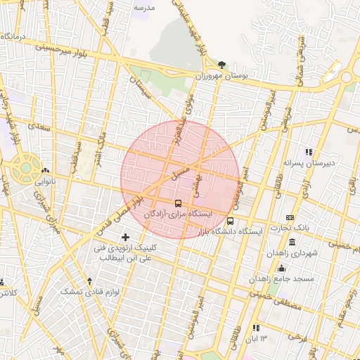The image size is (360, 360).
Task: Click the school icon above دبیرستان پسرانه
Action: tap(308, 152)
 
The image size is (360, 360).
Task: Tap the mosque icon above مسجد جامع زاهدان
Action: tap(282, 268)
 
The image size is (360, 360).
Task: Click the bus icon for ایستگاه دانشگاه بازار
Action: tap(231, 221)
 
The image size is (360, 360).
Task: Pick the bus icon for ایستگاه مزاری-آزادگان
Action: tap(177, 204)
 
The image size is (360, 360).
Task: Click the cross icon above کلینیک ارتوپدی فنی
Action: tap(126, 237)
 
